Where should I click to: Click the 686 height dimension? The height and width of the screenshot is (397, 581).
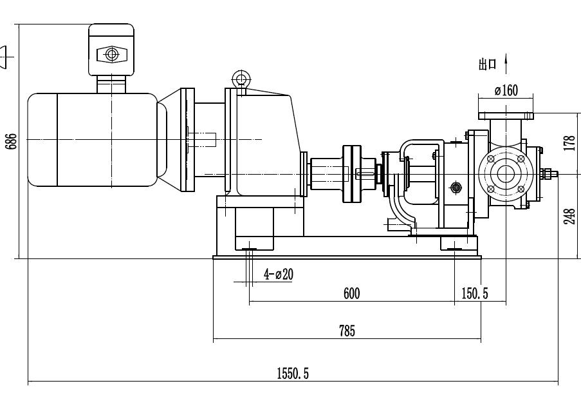pyautogui.click(x=11, y=141)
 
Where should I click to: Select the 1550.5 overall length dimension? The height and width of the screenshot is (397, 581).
pyautogui.click(x=293, y=373)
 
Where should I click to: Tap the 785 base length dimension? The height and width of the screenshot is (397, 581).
pyautogui.click(x=347, y=331)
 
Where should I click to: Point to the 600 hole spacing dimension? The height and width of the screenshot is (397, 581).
pyautogui.click(x=351, y=294)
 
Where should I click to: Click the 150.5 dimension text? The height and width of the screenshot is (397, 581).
pyautogui.click(x=475, y=294)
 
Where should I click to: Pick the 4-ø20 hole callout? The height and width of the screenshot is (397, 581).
pyautogui.click(x=279, y=275)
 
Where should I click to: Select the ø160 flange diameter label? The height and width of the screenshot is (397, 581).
pyautogui.click(x=506, y=90)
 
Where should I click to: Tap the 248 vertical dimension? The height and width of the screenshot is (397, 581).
pyautogui.click(x=569, y=216)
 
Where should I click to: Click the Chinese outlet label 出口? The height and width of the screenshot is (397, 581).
pyautogui.click(x=488, y=64)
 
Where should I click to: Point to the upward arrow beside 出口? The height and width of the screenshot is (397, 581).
pyautogui.click(x=506, y=63)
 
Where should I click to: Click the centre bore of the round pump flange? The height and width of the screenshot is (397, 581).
pyautogui.click(x=506, y=173)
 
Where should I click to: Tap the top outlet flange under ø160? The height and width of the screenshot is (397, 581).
pyautogui.click(x=506, y=115)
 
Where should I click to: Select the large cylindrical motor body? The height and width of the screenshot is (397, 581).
pyautogui.click(x=93, y=140)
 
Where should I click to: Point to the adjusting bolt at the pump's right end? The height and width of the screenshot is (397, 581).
pyautogui.click(x=550, y=173)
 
